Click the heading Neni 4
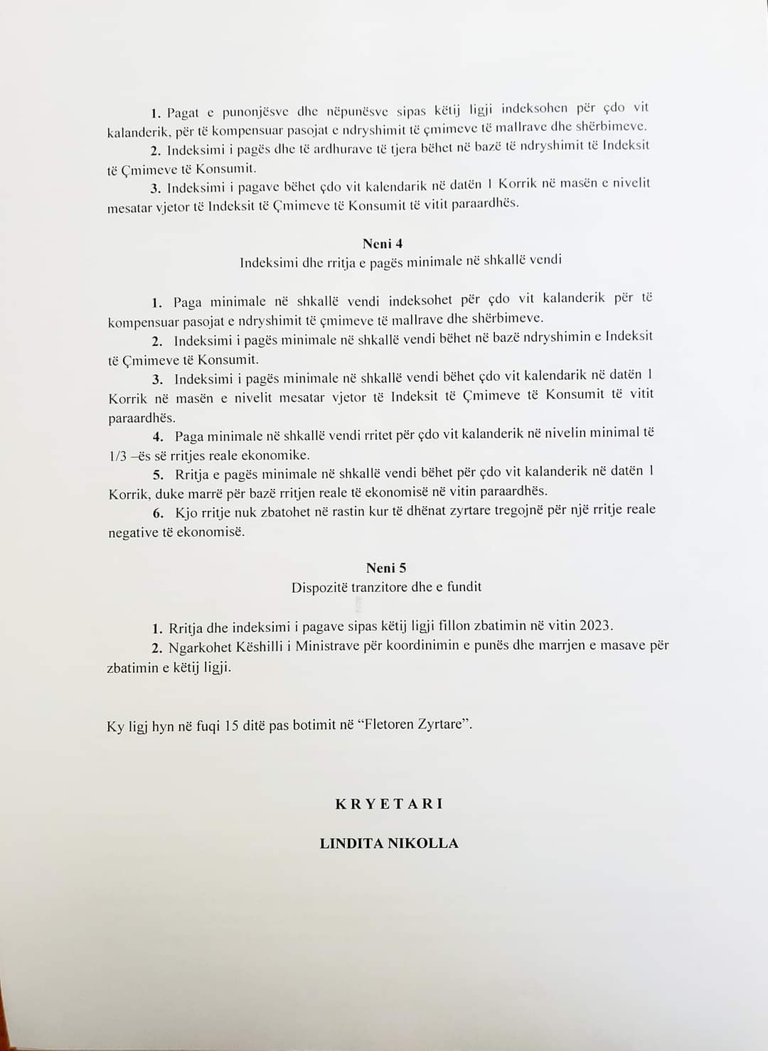click(383, 244)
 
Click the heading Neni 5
click(386, 568)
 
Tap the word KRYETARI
click(389, 804)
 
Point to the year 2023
click(595, 625)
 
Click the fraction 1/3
click(117, 456)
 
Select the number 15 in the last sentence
click(231, 726)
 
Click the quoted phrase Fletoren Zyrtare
click(415, 725)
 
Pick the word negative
click(133, 532)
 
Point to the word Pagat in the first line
click(183, 112)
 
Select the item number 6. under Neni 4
click(158, 513)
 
